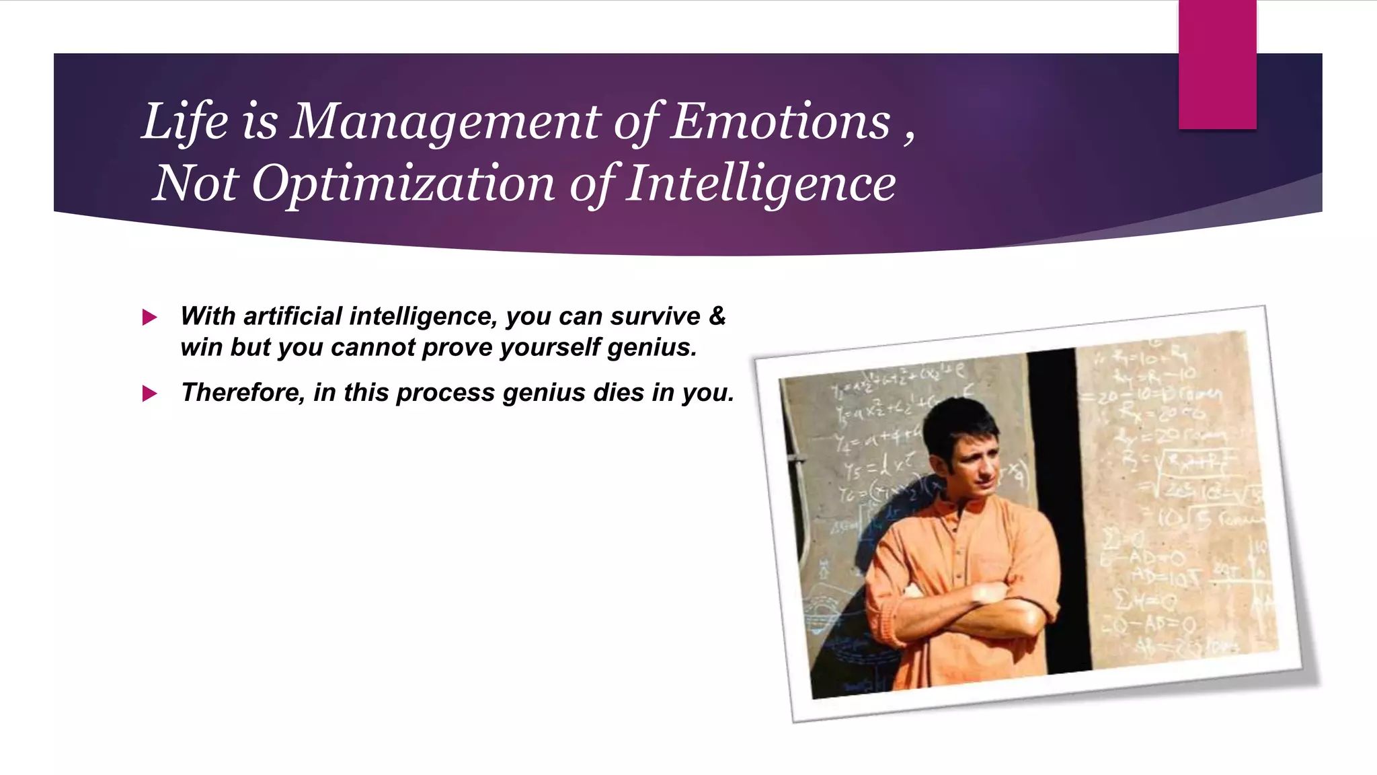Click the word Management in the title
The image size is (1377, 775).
coord(445,122)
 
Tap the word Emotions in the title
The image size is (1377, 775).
coord(781,122)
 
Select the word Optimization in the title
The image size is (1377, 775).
coord(403,183)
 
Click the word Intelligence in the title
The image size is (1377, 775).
coord(760,183)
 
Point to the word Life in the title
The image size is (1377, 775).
coord(185,122)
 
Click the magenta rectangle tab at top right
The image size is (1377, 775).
coord(1217,64)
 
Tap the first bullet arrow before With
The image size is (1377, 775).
coord(149,318)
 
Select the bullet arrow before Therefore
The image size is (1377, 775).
coord(149,394)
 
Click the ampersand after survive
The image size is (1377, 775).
coord(717,316)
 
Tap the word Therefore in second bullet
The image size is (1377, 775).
coord(243,392)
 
